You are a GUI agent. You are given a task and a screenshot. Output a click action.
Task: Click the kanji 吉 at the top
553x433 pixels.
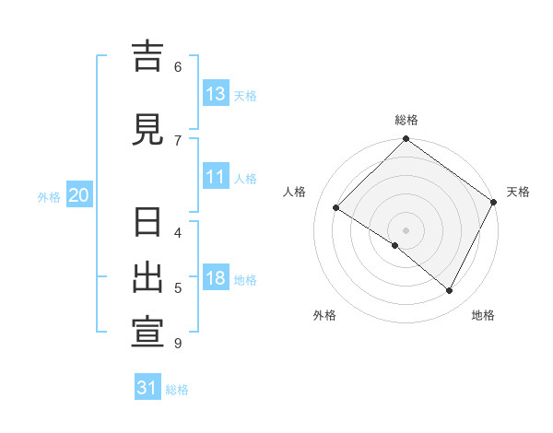(x=148, y=57)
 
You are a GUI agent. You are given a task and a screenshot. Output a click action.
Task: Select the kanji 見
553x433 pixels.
(x=148, y=130)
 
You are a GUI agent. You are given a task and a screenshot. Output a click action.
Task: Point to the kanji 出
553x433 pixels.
(x=148, y=278)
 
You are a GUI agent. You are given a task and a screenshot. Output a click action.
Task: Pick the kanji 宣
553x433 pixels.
(x=148, y=333)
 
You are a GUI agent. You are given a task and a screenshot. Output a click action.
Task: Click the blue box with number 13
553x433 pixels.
(x=216, y=94)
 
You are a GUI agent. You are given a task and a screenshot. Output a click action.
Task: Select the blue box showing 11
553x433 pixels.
(x=216, y=178)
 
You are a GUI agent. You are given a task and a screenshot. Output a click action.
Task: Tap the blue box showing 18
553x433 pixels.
(x=216, y=279)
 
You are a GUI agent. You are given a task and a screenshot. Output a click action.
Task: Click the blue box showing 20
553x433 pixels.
(x=79, y=195)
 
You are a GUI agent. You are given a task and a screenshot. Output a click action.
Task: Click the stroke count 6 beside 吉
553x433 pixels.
(x=178, y=66)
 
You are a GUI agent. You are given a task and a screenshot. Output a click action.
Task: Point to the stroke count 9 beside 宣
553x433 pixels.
(x=178, y=344)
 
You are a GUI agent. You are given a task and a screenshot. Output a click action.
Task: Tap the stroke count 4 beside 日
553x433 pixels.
(x=178, y=232)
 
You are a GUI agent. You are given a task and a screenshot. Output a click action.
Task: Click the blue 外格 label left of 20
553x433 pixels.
(x=49, y=196)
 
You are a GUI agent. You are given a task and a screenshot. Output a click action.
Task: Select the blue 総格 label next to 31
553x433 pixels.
(x=177, y=390)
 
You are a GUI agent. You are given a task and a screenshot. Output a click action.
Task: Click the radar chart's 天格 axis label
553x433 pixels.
(x=518, y=192)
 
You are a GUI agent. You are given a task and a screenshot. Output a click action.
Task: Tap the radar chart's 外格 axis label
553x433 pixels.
(x=324, y=315)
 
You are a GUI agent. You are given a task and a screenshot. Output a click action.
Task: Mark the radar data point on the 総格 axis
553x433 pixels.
(x=406, y=140)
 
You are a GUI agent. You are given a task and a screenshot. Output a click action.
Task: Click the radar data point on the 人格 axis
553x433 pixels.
(x=336, y=208)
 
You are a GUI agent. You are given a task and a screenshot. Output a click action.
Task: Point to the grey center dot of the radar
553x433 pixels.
(x=406, y=229)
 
